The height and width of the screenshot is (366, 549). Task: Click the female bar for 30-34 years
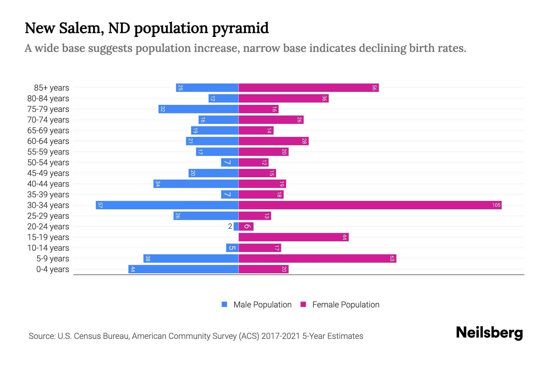370,205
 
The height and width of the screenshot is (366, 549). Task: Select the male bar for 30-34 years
167,205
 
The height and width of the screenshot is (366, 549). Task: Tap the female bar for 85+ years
308,88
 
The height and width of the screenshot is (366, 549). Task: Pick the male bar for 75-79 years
198,109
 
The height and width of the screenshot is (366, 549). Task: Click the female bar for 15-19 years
293,237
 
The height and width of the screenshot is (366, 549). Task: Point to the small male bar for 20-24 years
236,227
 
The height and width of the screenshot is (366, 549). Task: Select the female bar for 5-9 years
317,259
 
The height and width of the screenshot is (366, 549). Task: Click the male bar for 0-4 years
183,269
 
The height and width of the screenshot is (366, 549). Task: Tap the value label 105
496,205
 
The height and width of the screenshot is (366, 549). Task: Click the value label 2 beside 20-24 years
230,227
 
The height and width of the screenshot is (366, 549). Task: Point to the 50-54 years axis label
48,163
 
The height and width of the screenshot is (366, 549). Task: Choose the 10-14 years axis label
48,248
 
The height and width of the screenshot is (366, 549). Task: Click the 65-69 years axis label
48,131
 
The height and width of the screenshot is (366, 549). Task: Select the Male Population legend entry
257,305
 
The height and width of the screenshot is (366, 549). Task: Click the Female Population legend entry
340,305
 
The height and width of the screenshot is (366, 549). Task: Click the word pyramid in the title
240,28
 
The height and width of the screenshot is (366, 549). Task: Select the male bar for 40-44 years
196,184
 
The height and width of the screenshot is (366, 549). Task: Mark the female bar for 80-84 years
283,99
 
